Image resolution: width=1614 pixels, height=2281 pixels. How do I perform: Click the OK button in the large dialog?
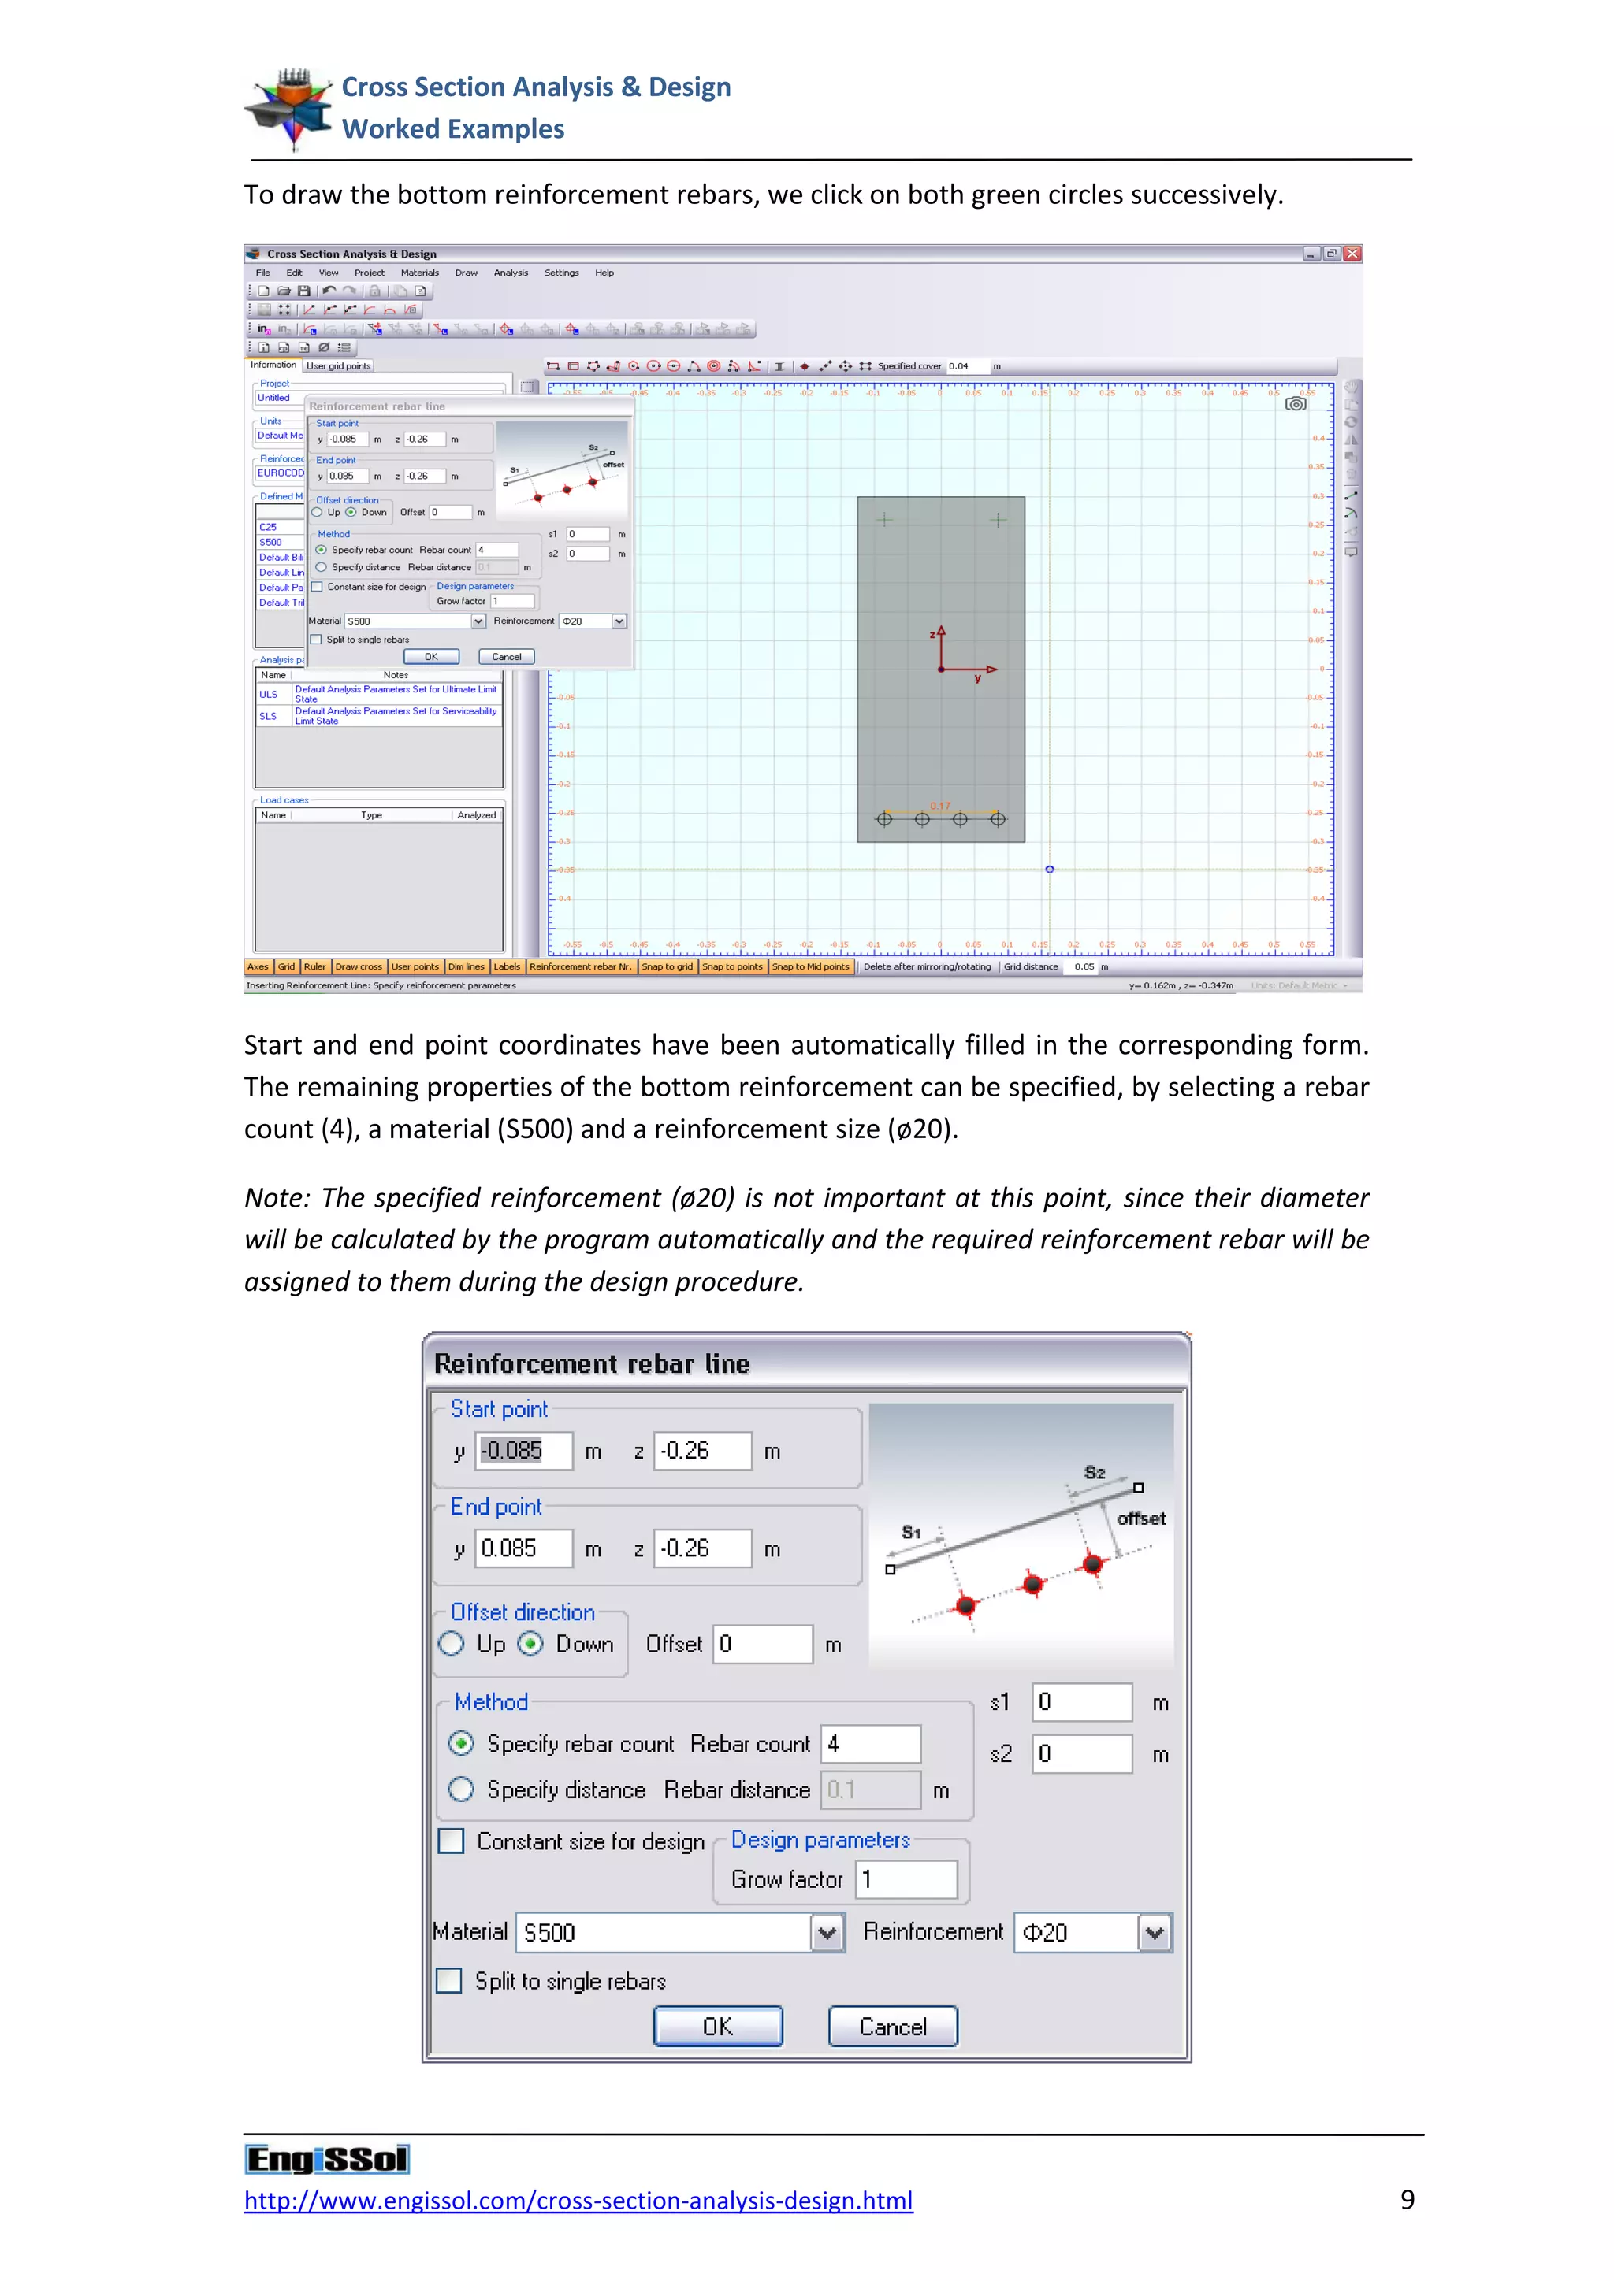(x=718, y=2027)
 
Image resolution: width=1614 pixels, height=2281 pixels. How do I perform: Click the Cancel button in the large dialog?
(x=892, y=2027)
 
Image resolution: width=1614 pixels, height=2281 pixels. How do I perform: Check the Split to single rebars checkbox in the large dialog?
(x=450, y=1981)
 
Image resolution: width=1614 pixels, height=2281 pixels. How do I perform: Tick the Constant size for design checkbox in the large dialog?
(x=452, y=1841)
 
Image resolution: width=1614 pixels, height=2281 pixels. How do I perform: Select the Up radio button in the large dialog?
(x=452, y=1644)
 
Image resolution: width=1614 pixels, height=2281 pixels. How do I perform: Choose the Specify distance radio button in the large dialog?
(x=461, y=1790)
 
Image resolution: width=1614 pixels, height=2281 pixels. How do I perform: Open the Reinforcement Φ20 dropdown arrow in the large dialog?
(x=1154, y=1932)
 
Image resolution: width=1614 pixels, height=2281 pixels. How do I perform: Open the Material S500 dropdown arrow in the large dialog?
(x=827, y=1932)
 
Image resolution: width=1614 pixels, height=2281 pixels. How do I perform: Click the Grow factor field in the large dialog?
(x=906, y=1879)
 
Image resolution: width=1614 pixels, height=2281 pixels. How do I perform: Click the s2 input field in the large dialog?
(x=1081, y=1753)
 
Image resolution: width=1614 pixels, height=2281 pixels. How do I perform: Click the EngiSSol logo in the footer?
(x=327, y=2159)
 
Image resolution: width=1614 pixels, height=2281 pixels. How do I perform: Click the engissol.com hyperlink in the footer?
(x=578, y=2201)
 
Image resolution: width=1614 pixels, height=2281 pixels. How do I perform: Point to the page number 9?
(x=1408, y=2200)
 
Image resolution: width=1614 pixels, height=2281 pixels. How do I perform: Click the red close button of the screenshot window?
(x=1352, y=254)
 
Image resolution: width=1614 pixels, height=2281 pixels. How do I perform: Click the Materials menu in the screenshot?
(x=419, y=273)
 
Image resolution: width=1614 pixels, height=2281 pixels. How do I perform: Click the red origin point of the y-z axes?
(x=941, y=669)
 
